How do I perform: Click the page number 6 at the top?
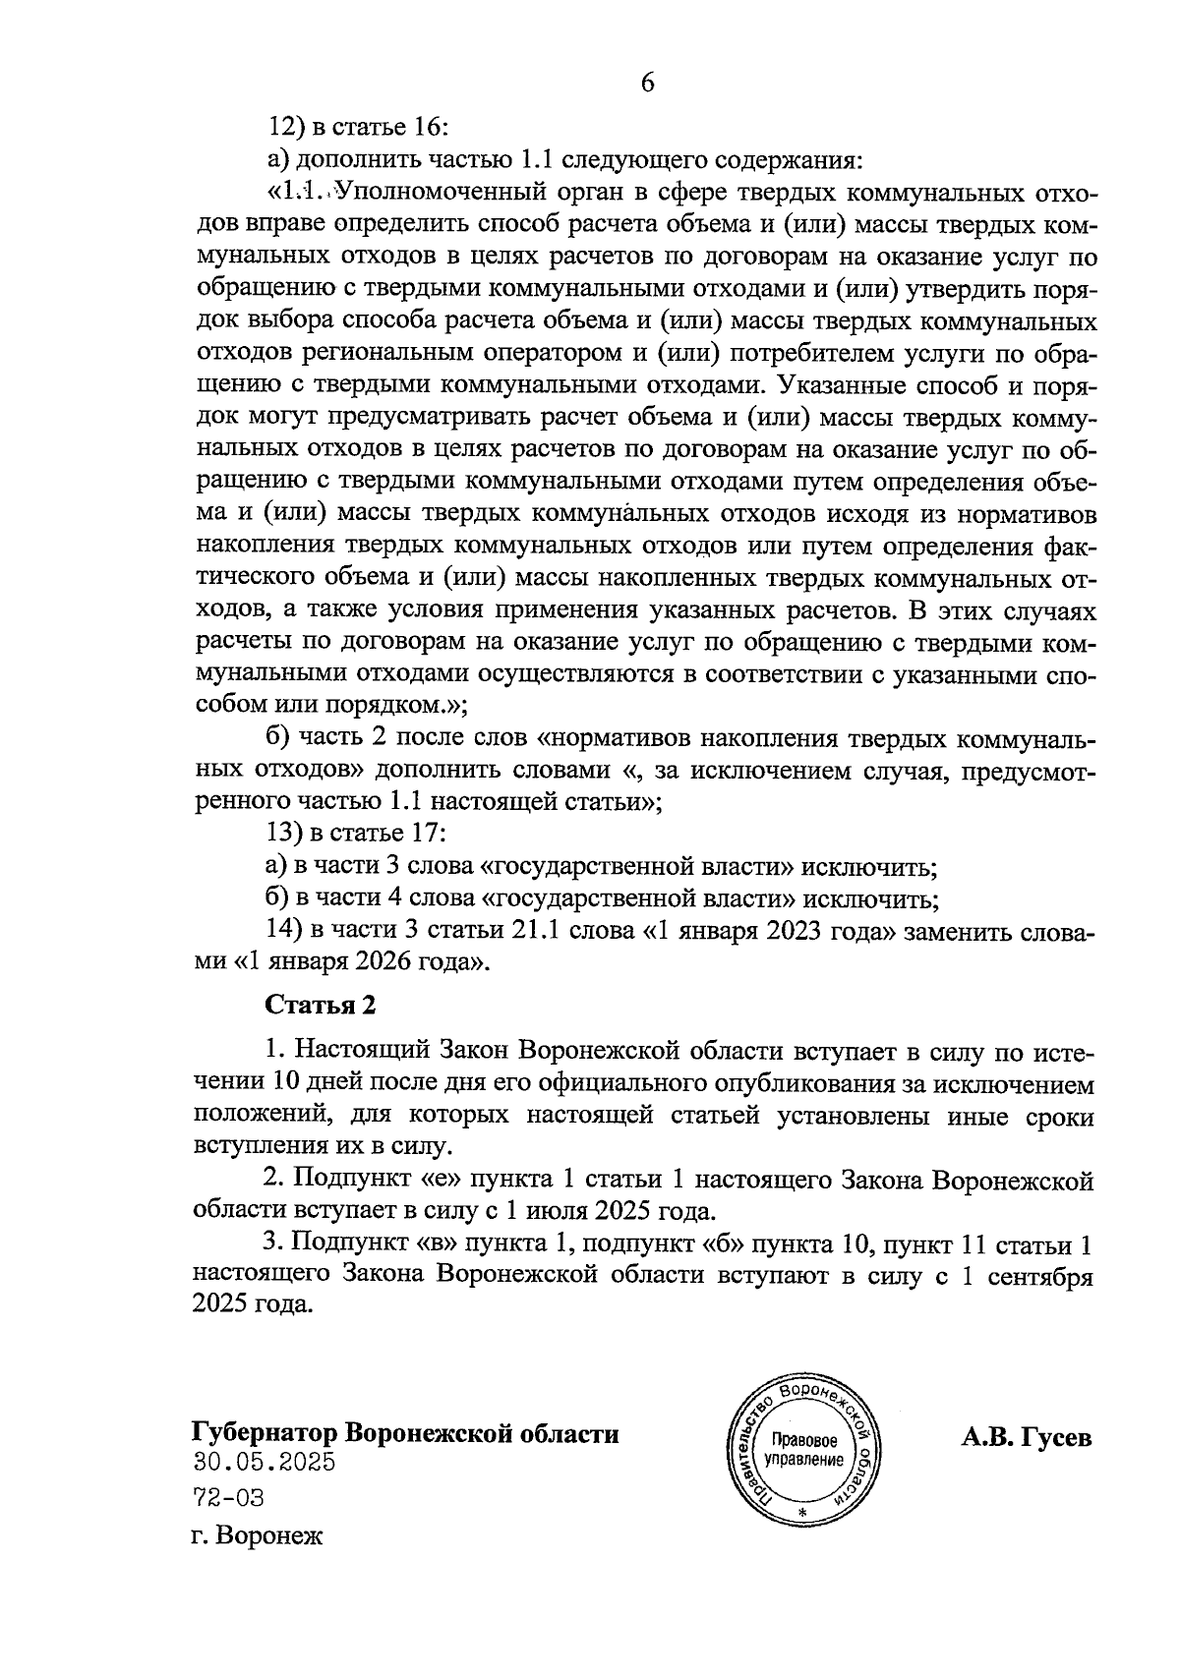647,84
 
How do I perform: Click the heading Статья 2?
321,1005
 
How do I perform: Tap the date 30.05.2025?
264,1462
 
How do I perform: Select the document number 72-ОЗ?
228,1498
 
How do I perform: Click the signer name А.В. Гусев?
1026,1437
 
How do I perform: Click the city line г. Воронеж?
257,1534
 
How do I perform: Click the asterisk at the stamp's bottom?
803,1512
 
